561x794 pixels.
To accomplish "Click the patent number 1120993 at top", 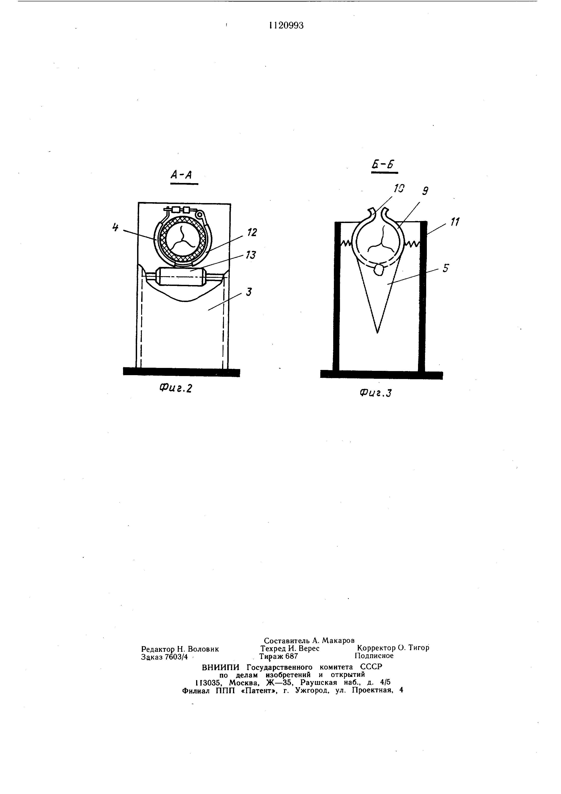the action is pos(286,26).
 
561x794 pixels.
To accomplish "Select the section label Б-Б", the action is pos(383,165).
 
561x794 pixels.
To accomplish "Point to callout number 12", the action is pos(252,232).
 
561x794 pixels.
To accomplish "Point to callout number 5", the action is pos(446,268).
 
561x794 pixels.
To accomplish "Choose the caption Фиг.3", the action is pos(376,393).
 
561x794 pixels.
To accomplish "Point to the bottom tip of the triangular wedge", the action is pos(377,332).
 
